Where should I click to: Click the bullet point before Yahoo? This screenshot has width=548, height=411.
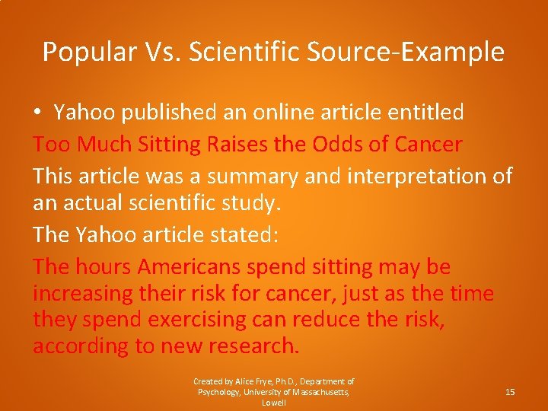click(37, 113)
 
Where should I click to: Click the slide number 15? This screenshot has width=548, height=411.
click(510, 391)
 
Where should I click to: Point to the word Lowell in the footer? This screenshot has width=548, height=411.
click(274, 403)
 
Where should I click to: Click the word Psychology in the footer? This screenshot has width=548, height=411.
click(220, 392)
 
